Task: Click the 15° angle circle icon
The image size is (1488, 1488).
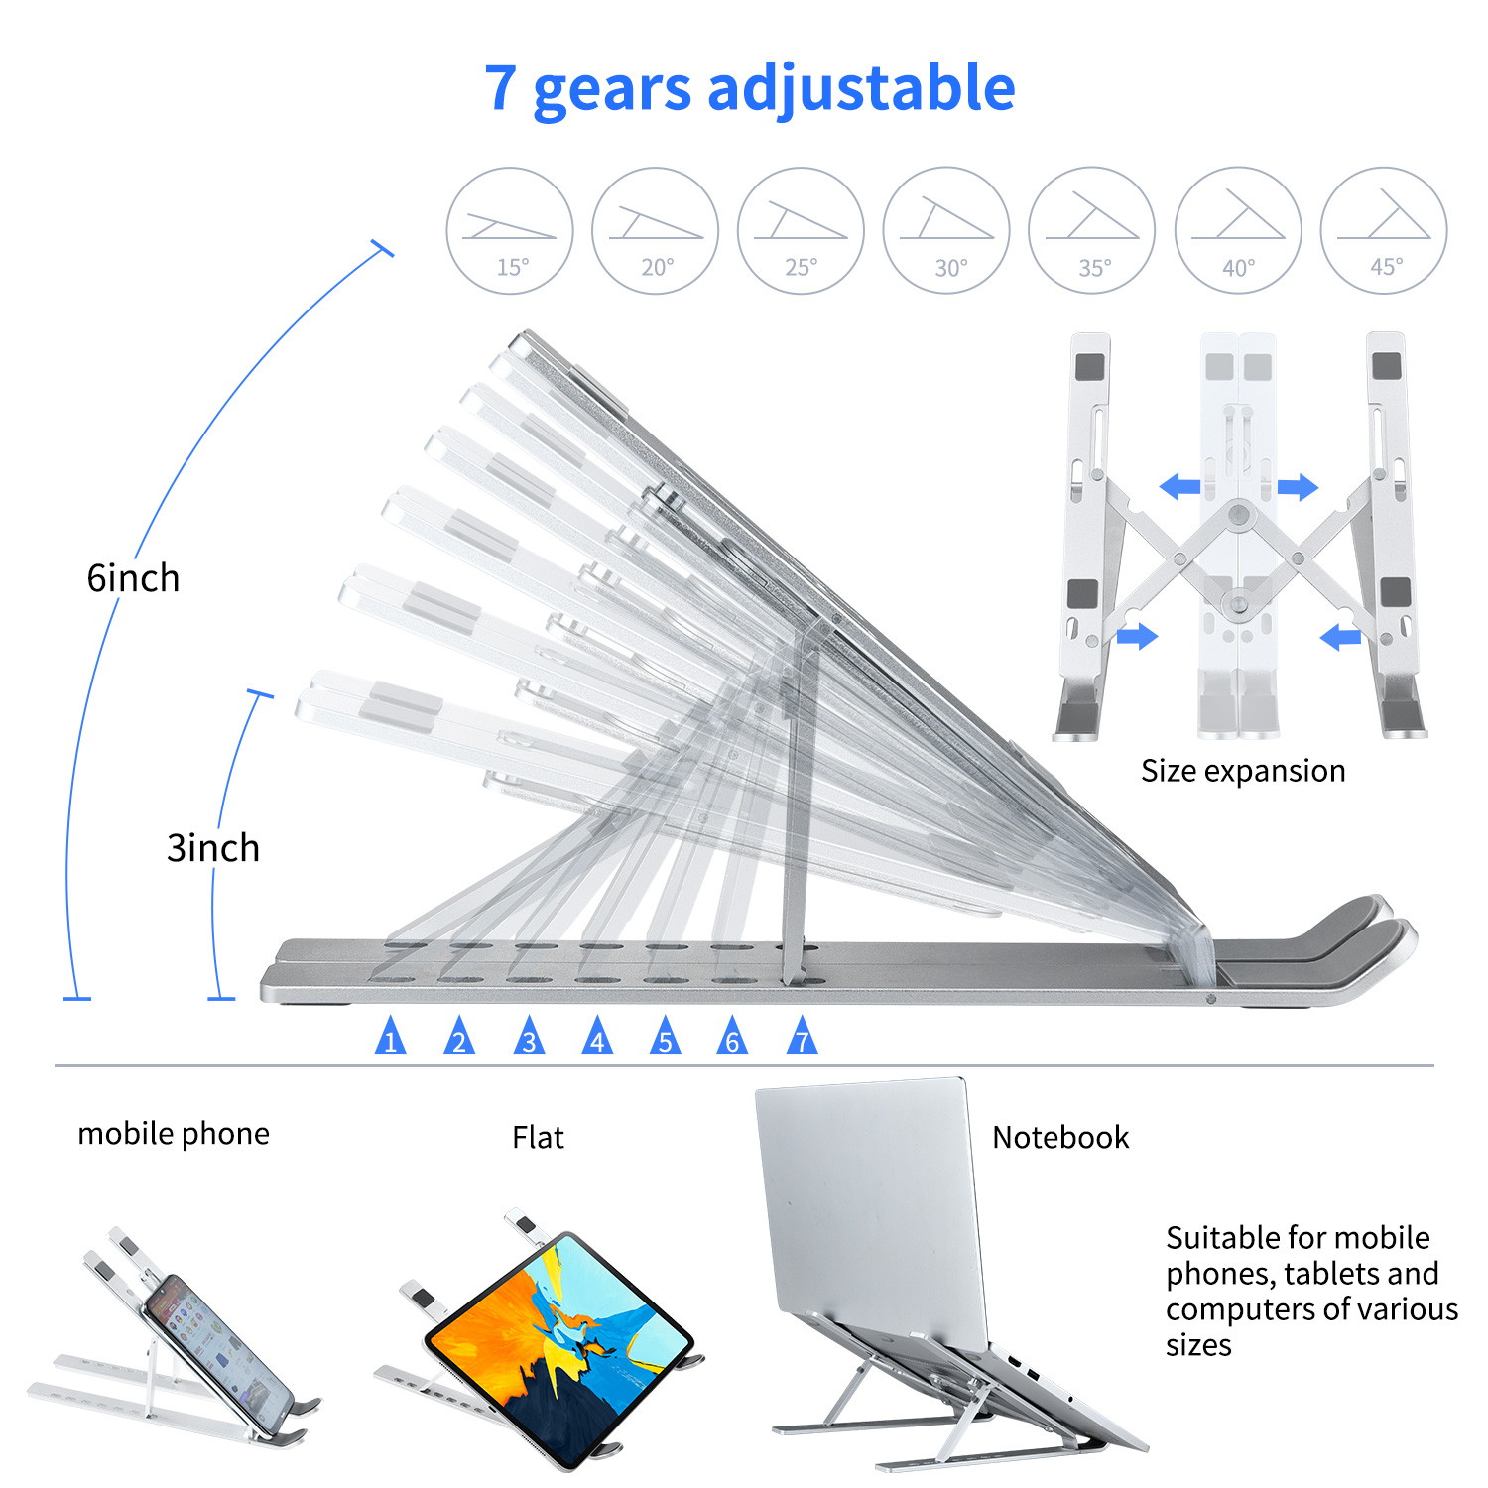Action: tap(510, 230)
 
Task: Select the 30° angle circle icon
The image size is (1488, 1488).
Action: tap(946, 230)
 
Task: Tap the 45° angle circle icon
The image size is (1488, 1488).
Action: tap(1384, 230)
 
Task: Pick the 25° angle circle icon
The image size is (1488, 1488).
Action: tap(801, 230)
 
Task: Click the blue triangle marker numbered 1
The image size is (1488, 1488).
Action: tap(390, 1037)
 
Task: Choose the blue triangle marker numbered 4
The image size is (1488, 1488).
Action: tap(597, 1037)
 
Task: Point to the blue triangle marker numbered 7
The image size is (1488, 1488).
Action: tap(802, 1037)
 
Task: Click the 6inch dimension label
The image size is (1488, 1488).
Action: tap(133, 577)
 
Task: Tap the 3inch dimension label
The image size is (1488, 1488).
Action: tap(212, 848)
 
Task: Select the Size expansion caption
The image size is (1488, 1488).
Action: tap(1243, 771)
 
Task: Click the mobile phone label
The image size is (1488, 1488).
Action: tap(174, 1133)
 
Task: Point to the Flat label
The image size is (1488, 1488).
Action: tap(538, 1137)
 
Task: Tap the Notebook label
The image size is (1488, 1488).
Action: tap(1060, 1137)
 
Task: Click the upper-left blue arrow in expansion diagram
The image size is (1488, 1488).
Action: tap(1179, 486)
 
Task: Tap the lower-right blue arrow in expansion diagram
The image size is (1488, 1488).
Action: tap(1341, 636)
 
